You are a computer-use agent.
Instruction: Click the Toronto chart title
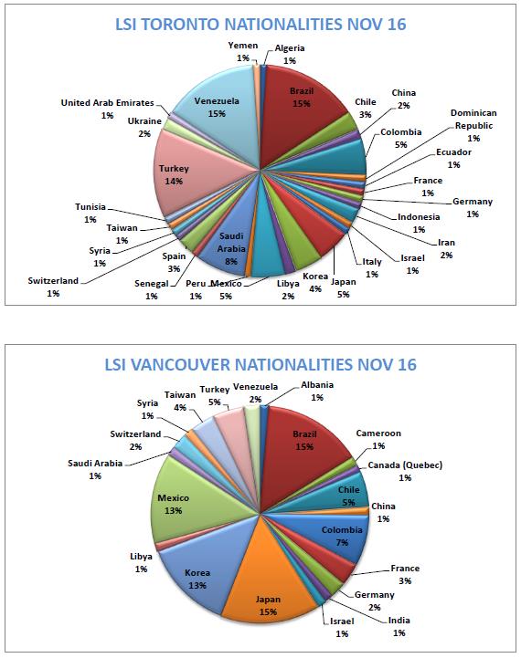(260, 25)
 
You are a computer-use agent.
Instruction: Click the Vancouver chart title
(260, 364)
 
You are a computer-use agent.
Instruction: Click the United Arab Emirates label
(107, 109)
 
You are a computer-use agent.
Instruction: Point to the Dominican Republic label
(473, 125)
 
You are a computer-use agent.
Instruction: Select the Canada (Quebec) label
(405, 471)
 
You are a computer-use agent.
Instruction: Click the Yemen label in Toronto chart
(243, 51)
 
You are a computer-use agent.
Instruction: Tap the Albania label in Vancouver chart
(317, 391)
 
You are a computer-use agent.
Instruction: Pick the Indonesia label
(419, 223)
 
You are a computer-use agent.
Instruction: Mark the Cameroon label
(378, 439)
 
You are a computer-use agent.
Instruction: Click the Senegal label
(151, 289)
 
